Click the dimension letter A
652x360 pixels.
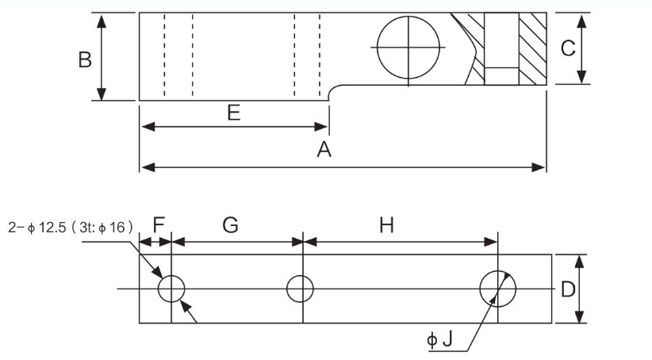click(324, 150)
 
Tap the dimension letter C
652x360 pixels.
click(567, 48)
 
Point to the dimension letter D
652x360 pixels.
click(568, 289)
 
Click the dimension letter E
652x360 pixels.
click(233, 113)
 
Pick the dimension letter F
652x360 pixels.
click(159, 226)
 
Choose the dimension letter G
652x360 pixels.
click(230, 226)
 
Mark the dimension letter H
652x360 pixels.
click(386, 226)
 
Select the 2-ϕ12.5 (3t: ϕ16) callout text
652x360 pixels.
click(71, 226)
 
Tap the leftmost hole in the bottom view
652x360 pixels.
click(171, 289)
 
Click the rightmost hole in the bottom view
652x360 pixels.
click(497, 288)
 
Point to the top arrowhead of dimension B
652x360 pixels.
click(102, 17)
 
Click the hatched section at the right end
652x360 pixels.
click(531, 48)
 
